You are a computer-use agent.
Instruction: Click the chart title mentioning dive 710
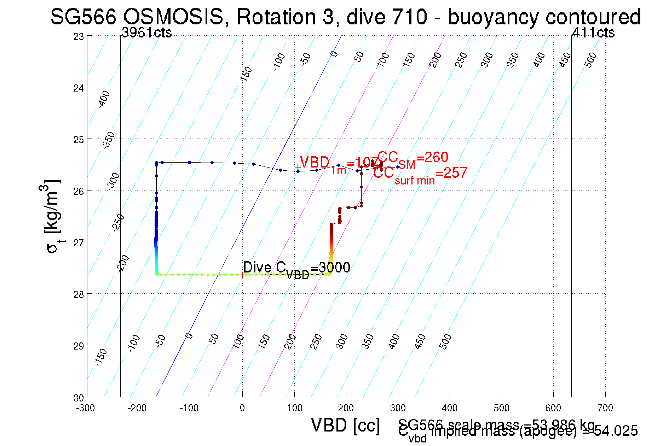(x=345, y=17)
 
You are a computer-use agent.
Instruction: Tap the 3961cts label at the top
(x=146, y=33)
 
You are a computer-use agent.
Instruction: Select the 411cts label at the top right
(x=593, y=33)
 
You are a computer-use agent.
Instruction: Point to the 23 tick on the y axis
(x=79, y=37)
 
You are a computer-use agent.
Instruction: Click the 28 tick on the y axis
(x=79, y=294)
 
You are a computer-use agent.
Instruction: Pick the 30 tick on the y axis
(x=79, y=398)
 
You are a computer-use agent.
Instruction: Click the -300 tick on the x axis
(x=86, y=408)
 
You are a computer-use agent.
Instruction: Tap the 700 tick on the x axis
(x=605, y=408)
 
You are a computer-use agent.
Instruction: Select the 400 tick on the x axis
(x=450, y=408)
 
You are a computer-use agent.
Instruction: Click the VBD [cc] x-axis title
(x=346, y=425)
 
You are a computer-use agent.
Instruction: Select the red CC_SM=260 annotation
(x=413, y=158)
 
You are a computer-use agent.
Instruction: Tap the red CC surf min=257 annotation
(x=420, y=175)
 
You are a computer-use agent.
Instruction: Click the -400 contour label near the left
(x=104, y=99)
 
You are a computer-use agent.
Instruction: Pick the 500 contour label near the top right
(x=590, y=60)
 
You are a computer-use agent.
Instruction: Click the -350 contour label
(x=109, y=140)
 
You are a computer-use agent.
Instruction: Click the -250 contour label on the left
(x=119, y=223)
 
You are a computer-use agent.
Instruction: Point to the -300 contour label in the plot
(x=114, y=181)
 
